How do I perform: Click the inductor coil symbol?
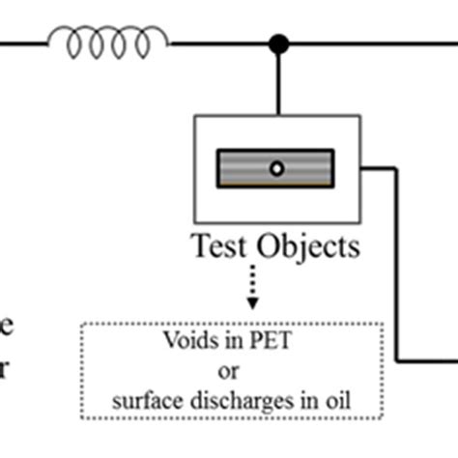point(107,42)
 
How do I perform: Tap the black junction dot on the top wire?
point(278,43)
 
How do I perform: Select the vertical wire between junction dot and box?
point(278,82)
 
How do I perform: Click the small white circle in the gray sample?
point(276,168)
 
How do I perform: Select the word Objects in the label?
point(311,247)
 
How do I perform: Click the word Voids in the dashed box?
point(186,340)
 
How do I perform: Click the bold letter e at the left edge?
point(7,326)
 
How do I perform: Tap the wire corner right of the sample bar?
point(396,168)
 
